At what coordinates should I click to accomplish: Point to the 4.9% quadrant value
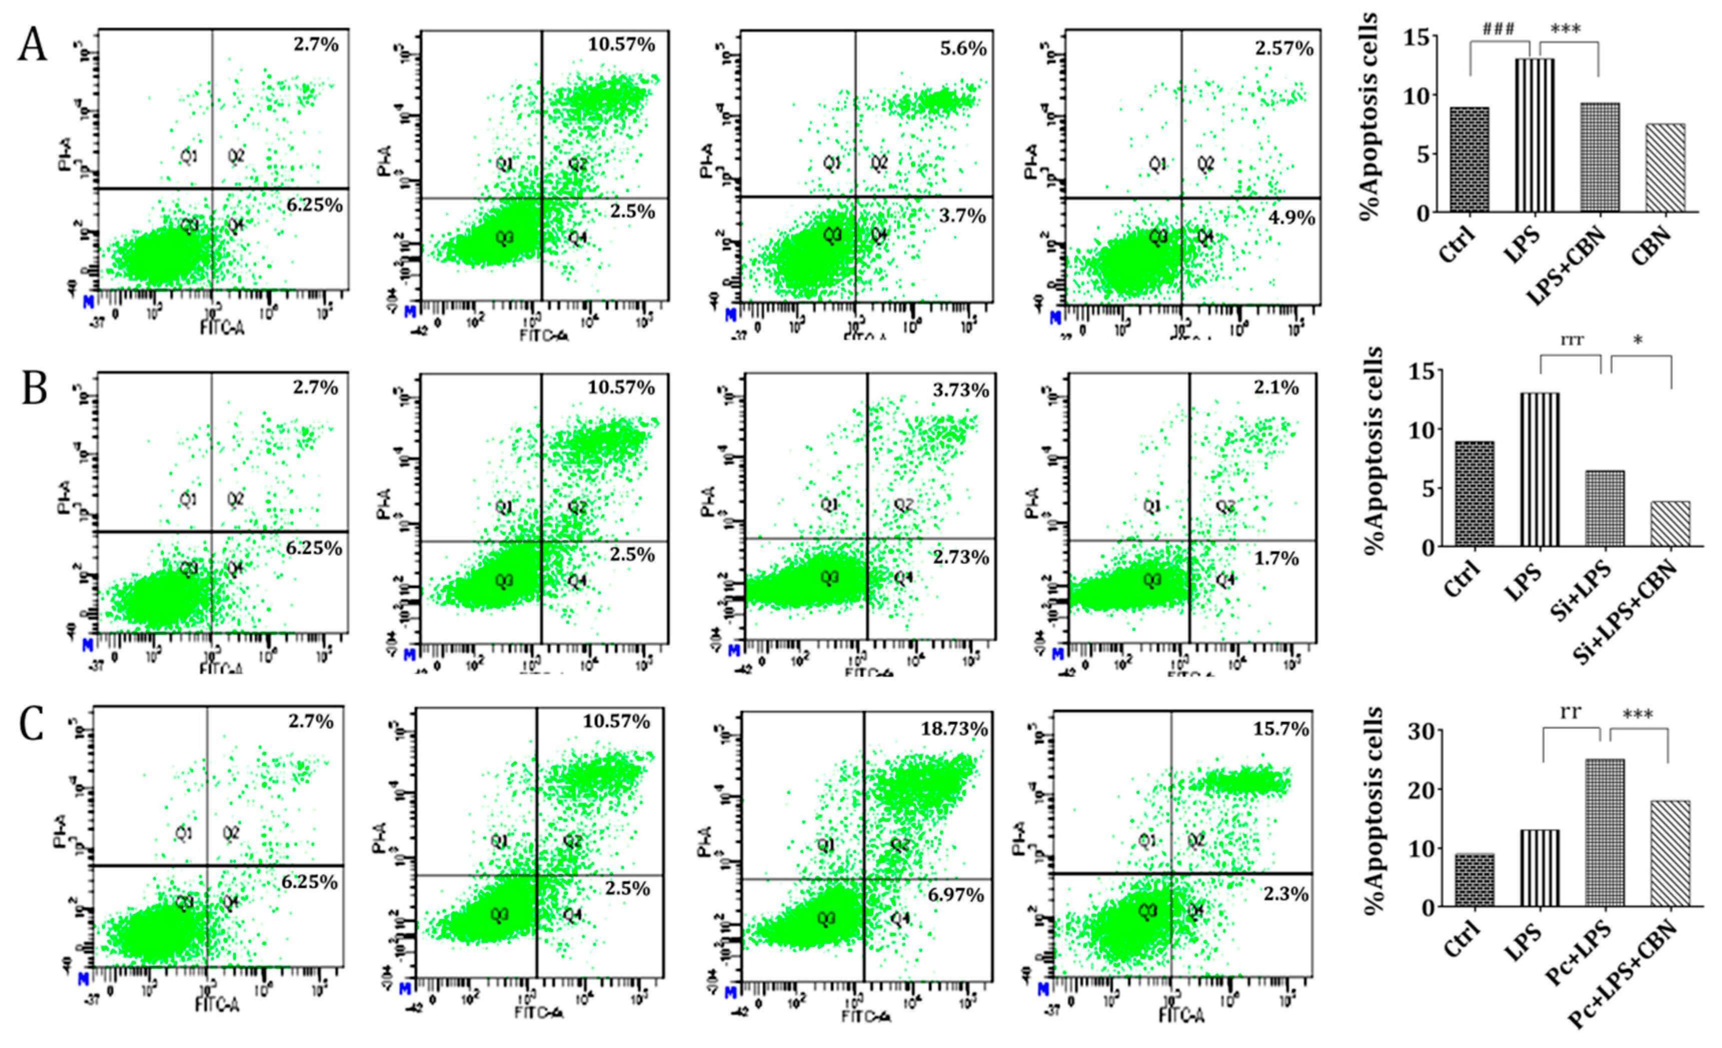tap(1291, 218)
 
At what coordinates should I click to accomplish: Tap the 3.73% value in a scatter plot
tap(961, 390)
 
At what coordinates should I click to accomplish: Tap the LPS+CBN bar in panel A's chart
tap(1599, 157)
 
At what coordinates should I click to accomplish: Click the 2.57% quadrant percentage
tap(1284, 49)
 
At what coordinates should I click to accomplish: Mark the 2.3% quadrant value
tap(1286, 894)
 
